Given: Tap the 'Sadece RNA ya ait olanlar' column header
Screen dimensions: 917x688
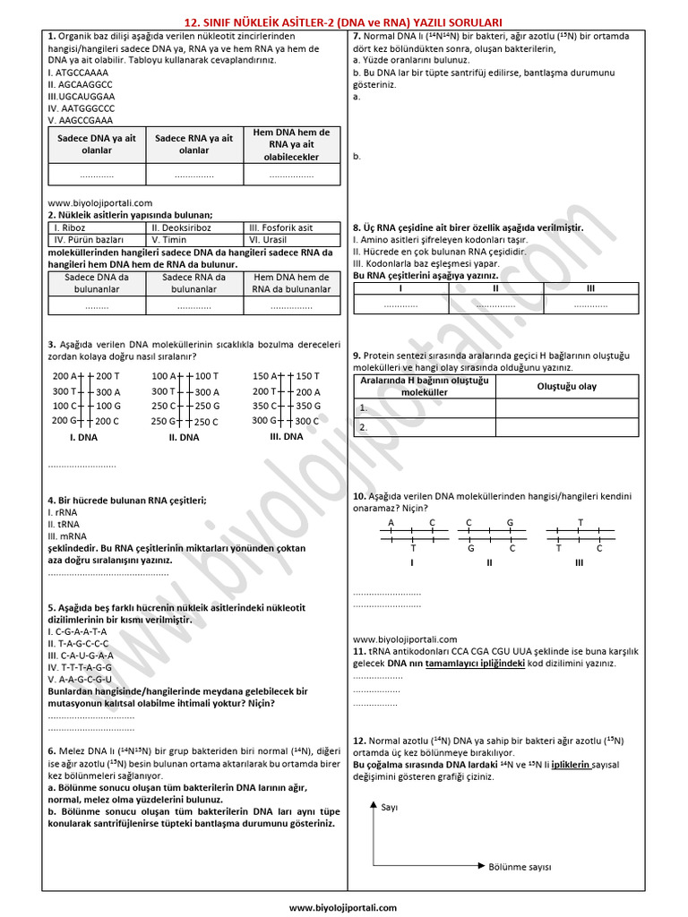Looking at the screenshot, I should click(194, 144).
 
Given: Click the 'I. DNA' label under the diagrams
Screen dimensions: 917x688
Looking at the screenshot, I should click(83, 438).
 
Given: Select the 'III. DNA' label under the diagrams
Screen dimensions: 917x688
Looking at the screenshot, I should click(287, 437).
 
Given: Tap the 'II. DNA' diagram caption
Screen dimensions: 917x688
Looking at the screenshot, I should click(184, 438).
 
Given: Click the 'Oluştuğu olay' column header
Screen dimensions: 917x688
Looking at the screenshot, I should click(566, 387).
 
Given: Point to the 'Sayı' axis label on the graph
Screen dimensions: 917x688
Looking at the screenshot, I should click(390, 807).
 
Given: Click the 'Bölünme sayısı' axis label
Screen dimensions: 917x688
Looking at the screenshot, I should click(520, 867).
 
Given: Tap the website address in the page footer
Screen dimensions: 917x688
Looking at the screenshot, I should click(343, 907).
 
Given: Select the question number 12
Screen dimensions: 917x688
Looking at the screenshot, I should click(359, 741).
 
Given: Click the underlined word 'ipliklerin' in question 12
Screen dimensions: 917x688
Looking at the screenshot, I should click(571, 766).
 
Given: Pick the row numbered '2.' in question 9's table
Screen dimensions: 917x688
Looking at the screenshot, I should click(364, 427).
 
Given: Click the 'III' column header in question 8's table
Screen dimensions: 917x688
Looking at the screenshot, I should click(590, 288).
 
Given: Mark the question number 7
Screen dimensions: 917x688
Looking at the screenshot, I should click(357, 37).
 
